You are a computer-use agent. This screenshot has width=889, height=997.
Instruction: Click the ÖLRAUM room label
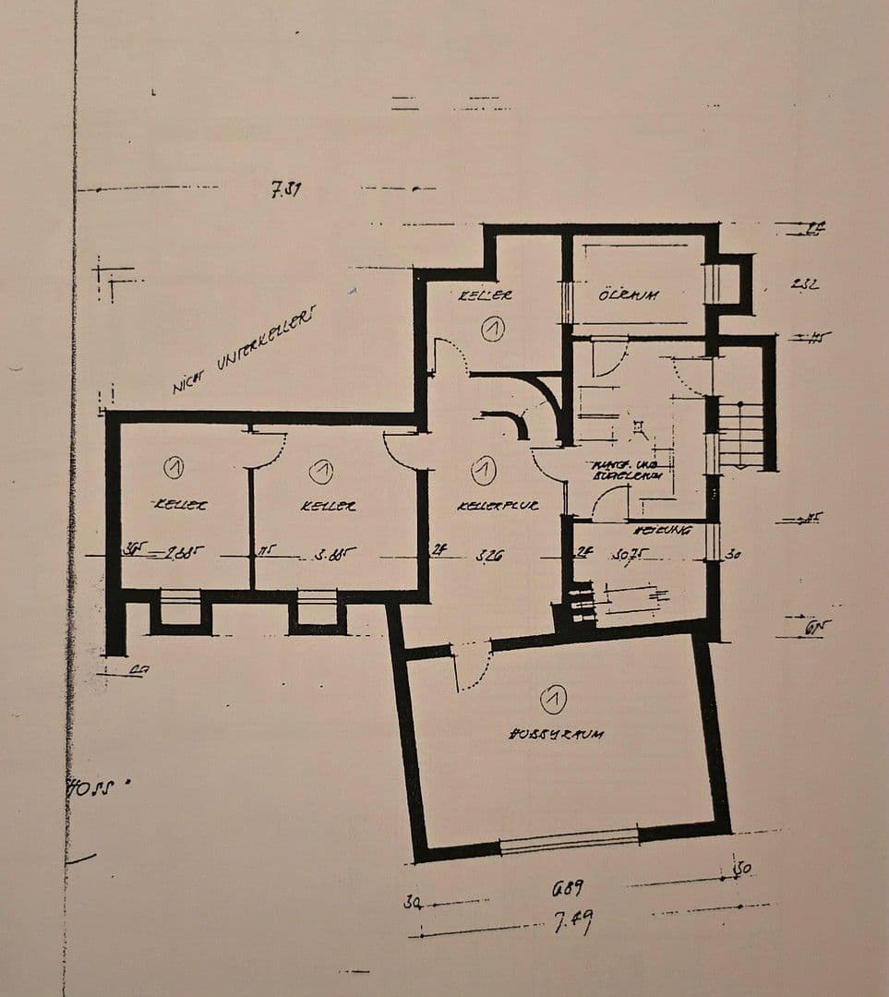point(628,296)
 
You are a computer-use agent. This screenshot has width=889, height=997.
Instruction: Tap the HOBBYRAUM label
point(556,735)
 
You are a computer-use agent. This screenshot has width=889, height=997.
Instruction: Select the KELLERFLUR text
point(498,507)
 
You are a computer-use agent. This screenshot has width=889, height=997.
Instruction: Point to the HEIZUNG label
point(662,531)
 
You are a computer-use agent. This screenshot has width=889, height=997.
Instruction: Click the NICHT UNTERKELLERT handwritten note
point(244,352)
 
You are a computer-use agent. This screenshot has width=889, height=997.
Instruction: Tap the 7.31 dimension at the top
point(286,191)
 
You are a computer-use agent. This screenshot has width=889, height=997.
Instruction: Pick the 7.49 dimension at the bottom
point(572,921)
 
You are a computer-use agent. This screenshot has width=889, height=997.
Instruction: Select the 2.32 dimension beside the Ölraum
point(804,284)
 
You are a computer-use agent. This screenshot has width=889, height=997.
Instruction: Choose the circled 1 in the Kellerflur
point(483,471)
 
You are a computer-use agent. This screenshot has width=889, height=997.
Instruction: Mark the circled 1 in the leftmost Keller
point(173,468)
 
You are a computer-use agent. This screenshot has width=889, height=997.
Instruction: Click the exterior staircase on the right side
point(741,434)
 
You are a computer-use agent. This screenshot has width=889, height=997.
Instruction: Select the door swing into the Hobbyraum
point(472,667)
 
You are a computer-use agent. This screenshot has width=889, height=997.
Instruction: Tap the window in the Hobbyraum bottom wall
point(569,840)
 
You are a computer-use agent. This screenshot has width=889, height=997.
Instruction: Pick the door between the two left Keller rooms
point(267,449)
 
